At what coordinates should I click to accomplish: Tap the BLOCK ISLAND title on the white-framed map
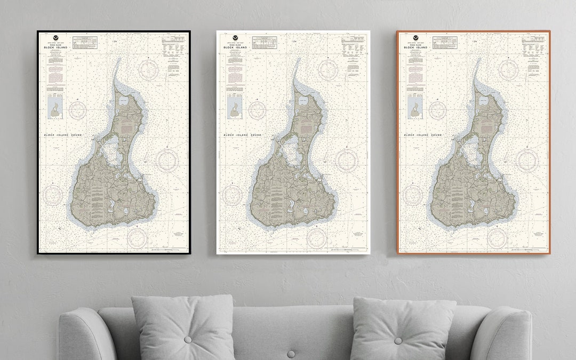[235, 48]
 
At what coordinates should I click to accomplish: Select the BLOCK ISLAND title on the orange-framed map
[415, 48]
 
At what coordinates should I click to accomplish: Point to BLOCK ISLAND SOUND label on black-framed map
[63, 135]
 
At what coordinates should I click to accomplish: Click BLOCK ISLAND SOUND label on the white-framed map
[243, 135]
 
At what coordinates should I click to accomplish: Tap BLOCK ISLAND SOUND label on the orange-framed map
[423, 135]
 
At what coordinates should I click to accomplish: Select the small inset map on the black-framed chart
[55, 107]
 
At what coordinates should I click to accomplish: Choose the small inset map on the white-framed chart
[234, 107]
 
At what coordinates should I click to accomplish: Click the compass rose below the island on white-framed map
[316, 237]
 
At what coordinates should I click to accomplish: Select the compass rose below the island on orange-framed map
[497, 237]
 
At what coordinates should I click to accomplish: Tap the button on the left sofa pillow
[188, 340]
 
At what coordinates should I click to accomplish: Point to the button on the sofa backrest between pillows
[291, 354]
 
